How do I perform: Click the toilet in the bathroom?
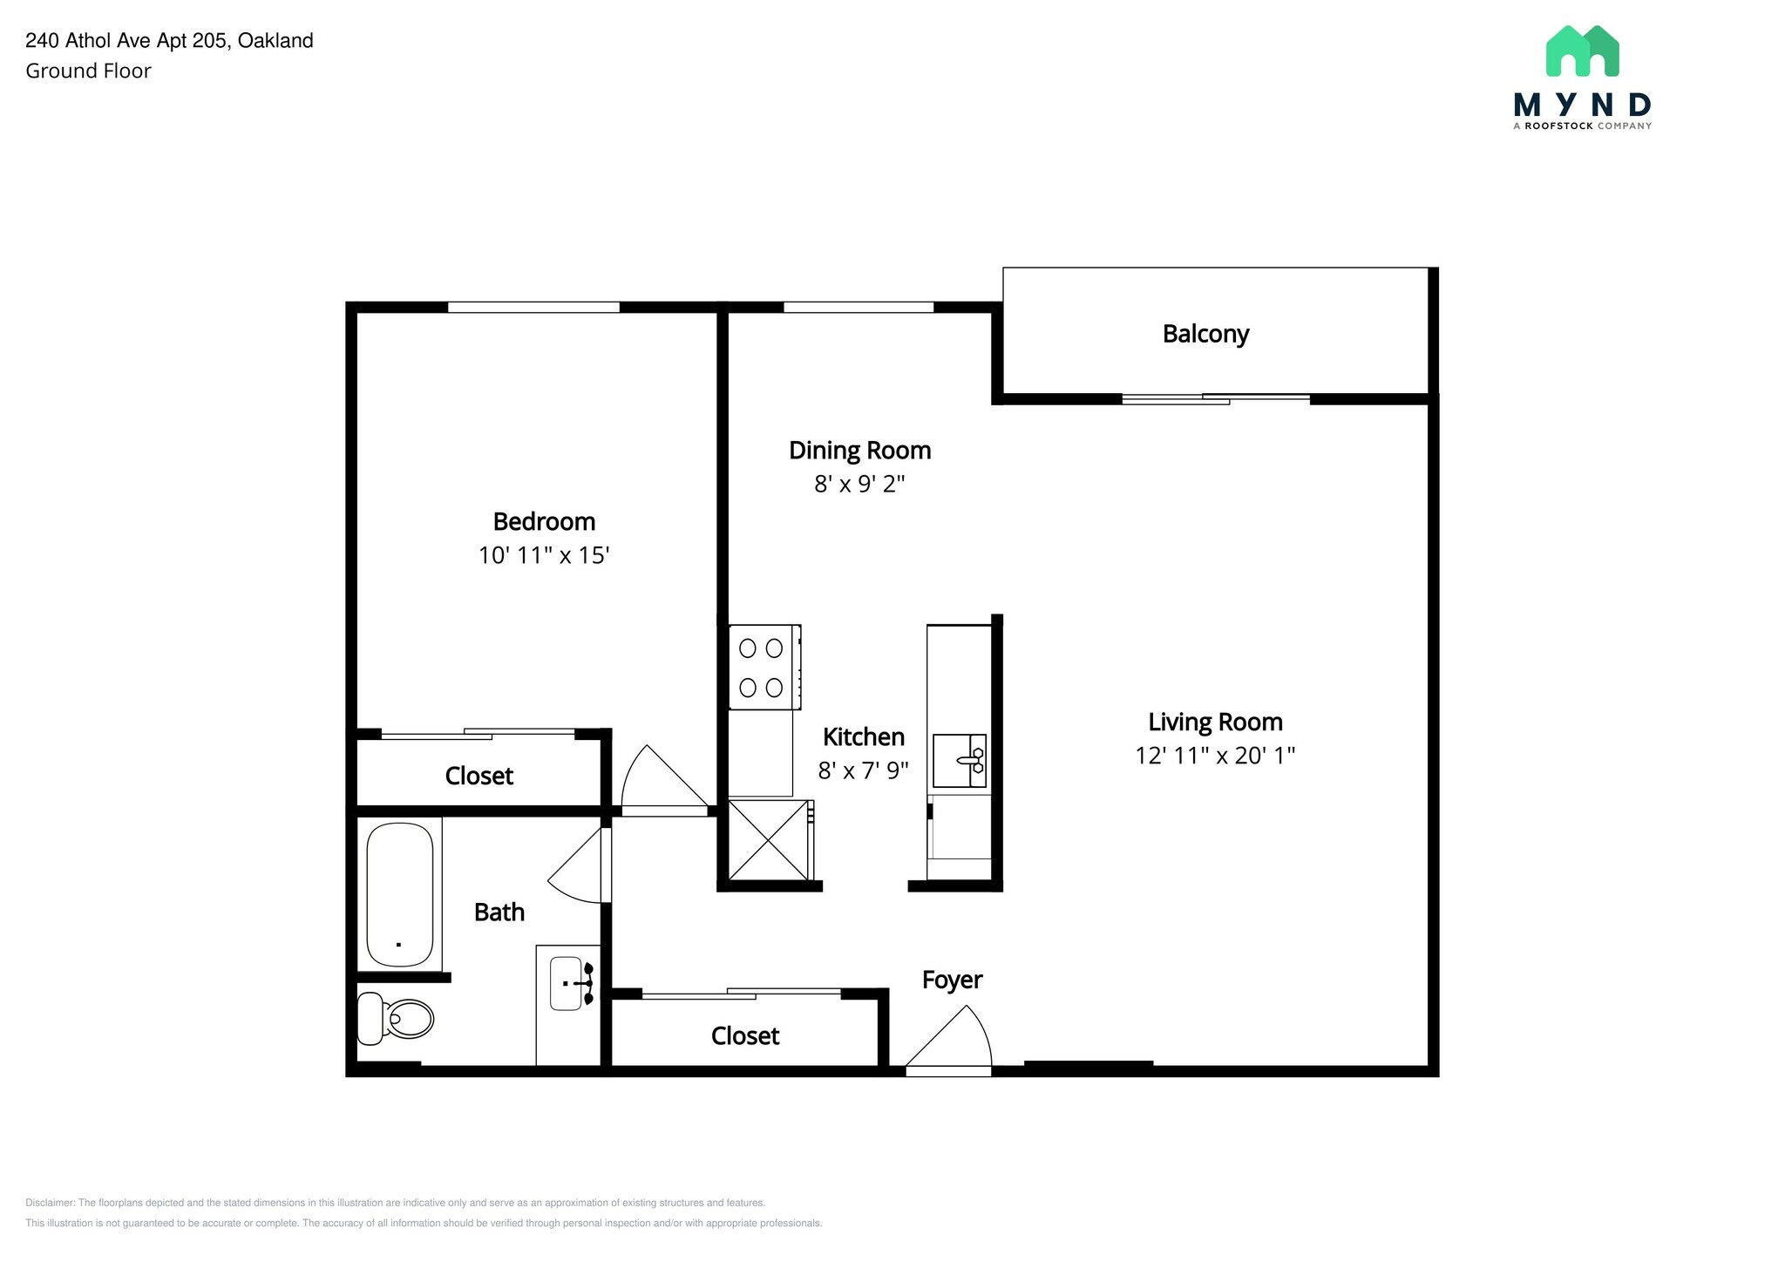397,1017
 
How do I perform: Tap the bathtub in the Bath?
400,894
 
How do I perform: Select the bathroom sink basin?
567,983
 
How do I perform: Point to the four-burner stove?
762,668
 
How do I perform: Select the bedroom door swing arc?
659,779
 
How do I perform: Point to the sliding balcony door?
1215,399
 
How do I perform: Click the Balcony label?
1205,334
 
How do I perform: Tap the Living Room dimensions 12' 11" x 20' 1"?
1214,756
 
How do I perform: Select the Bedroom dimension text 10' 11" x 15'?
543,555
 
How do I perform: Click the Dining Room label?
859,451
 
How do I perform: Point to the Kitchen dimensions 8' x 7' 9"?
863,770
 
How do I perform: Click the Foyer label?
952,980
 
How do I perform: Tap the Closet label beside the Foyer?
744,1035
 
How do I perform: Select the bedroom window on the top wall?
533,307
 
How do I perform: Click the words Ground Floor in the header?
88,71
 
